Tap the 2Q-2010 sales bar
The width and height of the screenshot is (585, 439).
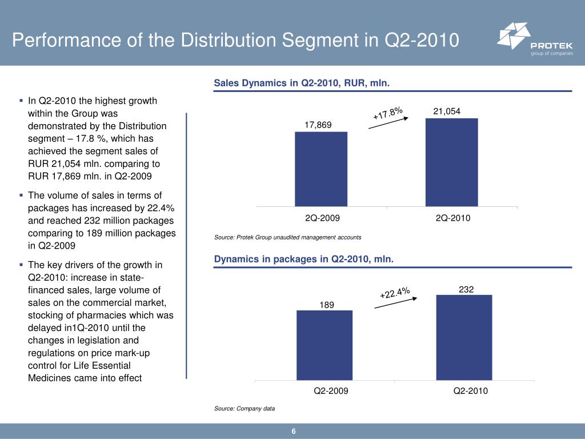click(x=451, y=162)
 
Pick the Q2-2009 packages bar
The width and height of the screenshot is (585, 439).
click(x=324, y=345)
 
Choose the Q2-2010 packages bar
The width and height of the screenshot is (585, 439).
click(x=464, y=337)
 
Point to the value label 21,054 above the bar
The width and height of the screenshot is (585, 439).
click(x=447, y=111)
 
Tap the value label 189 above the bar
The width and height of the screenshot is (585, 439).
click(x=327, y=305)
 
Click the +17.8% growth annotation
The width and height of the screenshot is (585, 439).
click(x=388, y=112)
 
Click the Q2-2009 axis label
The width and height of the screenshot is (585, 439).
click(x=331, y=392)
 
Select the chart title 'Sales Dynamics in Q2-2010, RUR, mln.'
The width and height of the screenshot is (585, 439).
click(x=302, y=83)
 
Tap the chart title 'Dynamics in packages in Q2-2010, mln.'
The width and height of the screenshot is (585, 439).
click(x=304, y=260)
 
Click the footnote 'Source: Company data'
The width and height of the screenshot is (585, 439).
click(x=245, y=409)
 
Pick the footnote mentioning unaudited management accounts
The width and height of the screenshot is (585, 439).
click(x=287, y=237)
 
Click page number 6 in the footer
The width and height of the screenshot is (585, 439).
click(x=293, y=431)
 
